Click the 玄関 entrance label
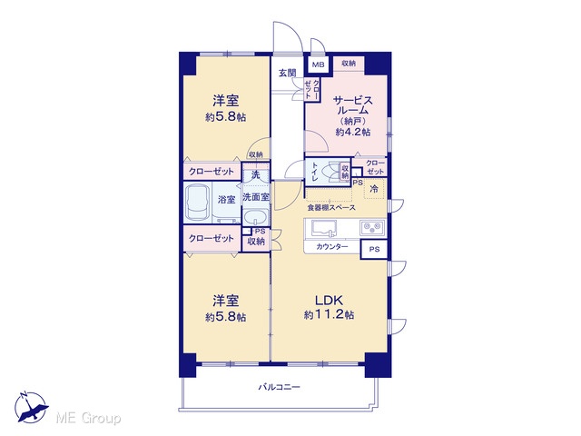coord(287,73)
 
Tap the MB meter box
coord(318,64)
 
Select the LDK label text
coord(329,300)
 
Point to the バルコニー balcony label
coord(279,388)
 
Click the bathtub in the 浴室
coord(197,203)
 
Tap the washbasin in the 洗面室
coord(256,216)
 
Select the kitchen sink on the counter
coord(324,228)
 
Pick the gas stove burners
coord(372,227)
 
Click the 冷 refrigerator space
coord(374,188)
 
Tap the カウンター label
coord(332,246)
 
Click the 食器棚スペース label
coord(331,208)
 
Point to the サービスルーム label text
coord(353,105)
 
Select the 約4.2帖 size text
coord(353,132)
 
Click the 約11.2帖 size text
coord(329,315)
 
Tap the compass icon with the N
coord(31,407)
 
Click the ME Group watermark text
coord(88,419)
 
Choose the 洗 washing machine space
coord(256,174)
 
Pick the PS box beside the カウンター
coord(374,249)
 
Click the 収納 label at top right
coord(349,64)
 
